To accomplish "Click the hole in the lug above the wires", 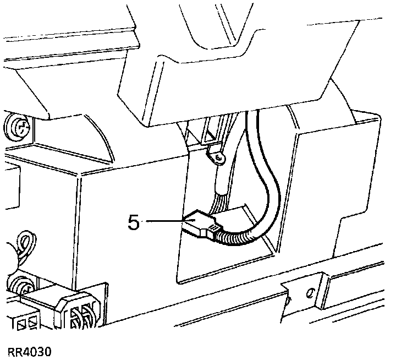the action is (219, 159).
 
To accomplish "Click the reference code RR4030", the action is (30, 351).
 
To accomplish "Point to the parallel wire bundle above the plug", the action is (220, 195).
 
